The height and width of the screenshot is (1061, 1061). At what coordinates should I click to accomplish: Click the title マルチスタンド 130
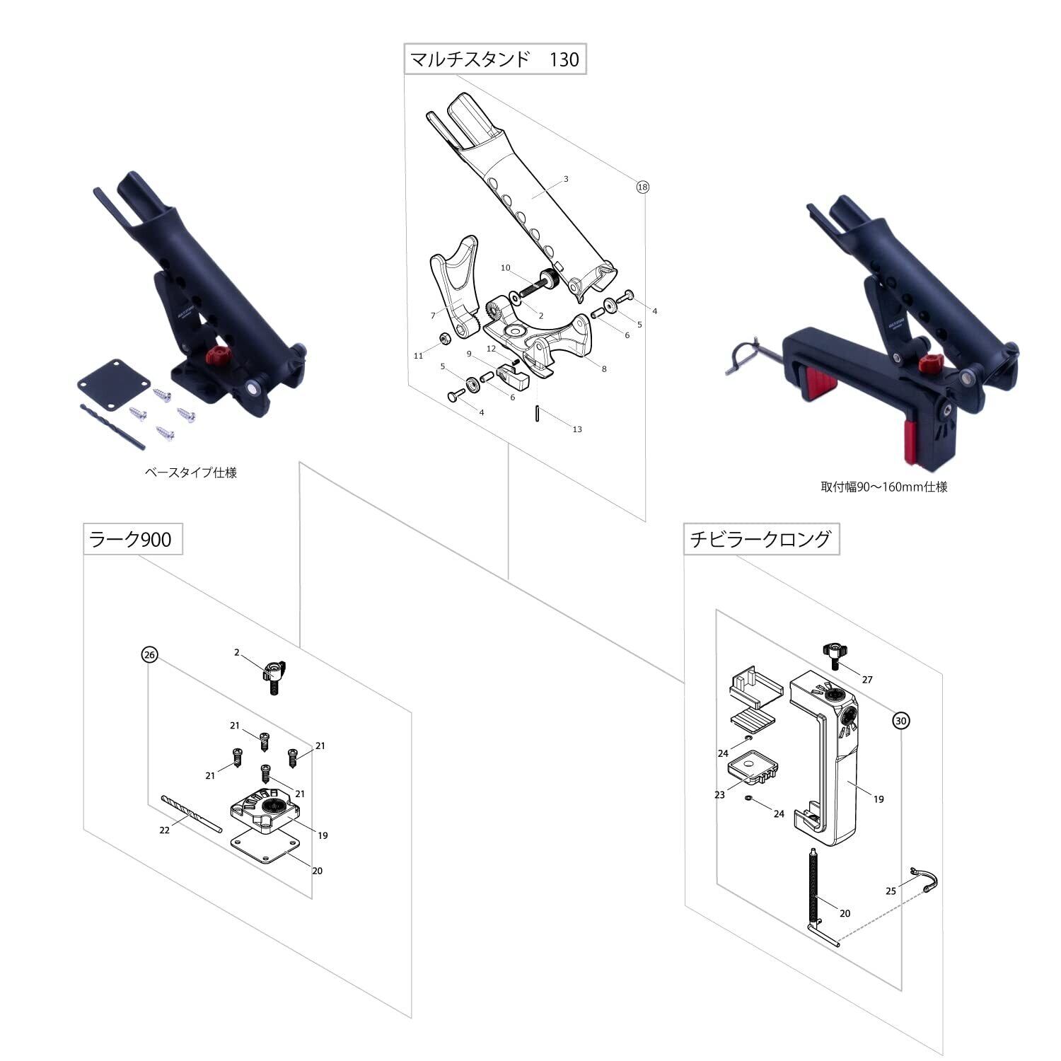(x=494, y=59)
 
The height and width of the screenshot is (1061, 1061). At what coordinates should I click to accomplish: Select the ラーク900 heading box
(x=128, y=540)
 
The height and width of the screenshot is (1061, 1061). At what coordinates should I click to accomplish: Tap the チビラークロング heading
(x=760, y=540)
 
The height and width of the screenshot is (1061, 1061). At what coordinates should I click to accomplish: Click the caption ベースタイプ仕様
(x=190, y=472)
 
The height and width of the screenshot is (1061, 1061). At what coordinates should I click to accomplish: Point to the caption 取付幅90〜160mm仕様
(x=884, y=487)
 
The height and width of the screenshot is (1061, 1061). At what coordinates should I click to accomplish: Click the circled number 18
(x=642, y=187)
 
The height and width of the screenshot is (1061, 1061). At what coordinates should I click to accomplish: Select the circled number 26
(x=149, y=655)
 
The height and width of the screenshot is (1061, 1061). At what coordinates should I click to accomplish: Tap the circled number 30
(x=900, y=721)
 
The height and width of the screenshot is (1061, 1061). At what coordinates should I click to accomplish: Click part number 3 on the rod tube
(x=566, y=179)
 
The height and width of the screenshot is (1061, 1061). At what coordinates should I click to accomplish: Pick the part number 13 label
(x=577, y=429)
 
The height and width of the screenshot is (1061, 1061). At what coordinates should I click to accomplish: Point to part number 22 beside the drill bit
(x=164, y=830)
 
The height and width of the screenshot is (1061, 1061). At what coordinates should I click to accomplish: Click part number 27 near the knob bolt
(x=867, y=680)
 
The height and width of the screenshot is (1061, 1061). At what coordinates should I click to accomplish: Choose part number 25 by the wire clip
(x=891, y=891)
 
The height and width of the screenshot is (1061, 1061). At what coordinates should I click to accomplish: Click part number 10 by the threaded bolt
(x=505, y=268)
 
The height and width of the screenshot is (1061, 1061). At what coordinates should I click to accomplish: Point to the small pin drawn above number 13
(x=538, y=413)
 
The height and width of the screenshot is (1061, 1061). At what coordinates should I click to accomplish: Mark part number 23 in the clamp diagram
(x=719, y=795)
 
